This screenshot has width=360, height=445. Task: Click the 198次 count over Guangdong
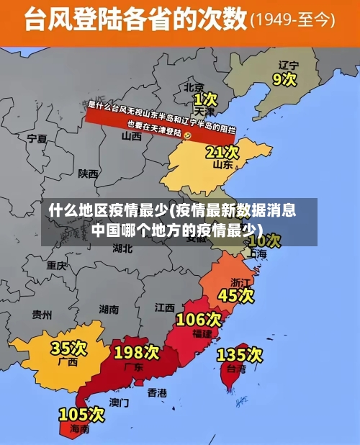tap(136, 352)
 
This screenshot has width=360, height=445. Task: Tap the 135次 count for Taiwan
tap(240, 354)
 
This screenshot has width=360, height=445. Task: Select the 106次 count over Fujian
tap(199, 319)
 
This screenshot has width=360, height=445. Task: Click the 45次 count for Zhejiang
tap(236, 295)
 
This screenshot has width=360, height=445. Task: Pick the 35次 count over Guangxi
tap(68, 349)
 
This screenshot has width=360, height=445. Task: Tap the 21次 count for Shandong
tap(222, 152)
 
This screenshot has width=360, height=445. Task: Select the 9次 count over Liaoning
tap(284, 78)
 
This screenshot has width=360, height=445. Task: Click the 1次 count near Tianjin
tap(205, 97)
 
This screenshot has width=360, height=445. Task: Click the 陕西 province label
tap(89, 174)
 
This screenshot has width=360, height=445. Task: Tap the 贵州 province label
tap(42, 314)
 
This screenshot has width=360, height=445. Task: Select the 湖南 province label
tap(109, 310)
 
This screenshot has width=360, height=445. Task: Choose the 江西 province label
tap(165, 307)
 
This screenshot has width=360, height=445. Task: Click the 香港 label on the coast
tap(157, 392)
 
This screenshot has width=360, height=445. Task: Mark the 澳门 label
tap(119, 402)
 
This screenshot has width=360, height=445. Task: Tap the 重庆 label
tap(57, 265)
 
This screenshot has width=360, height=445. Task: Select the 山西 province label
tap(132, 136)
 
